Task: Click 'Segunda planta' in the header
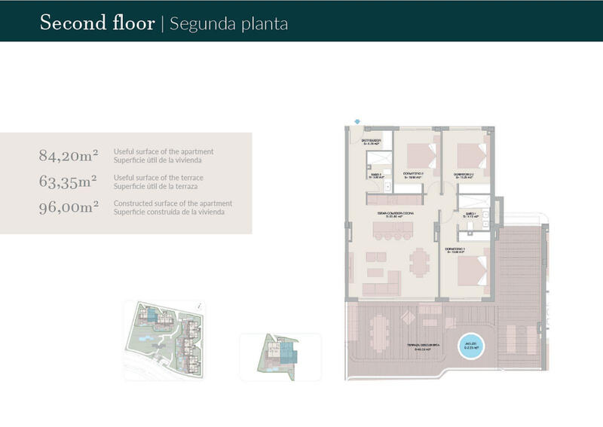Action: (x=229, y=23)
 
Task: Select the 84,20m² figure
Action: (x=69, y=156)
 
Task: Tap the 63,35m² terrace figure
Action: (x=69, y=181)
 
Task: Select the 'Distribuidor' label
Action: (x=371, y=140)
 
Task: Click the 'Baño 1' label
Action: (x=468, y=214)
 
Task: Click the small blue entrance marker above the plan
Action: (x=357, y=120)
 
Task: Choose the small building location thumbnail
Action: (x=280, y=355)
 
